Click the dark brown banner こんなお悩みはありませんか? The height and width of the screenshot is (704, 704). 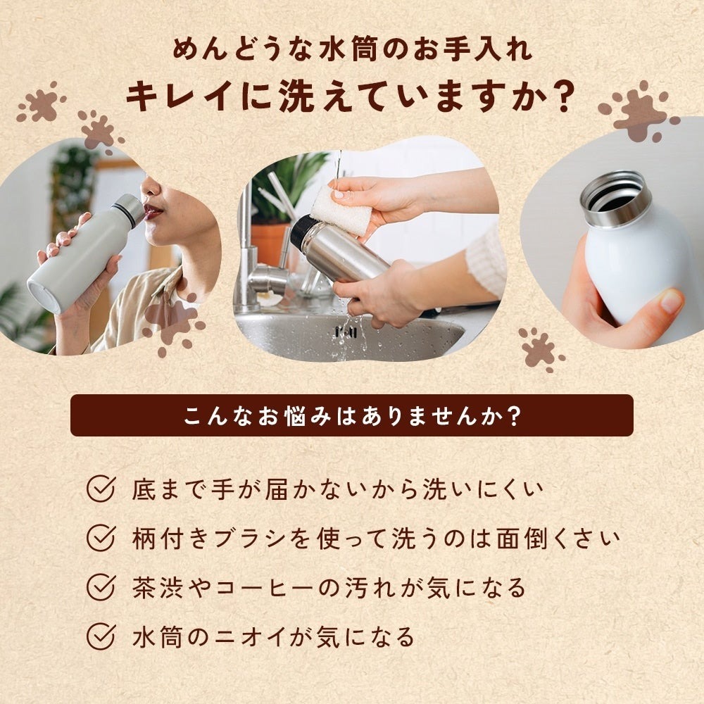coord(352,415)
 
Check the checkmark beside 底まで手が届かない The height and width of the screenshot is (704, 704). coord(101,489)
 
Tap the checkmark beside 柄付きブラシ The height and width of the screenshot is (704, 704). coord(101,538)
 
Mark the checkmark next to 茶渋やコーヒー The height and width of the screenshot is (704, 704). coord(101,587)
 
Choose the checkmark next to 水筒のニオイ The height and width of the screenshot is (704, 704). coord(101,636)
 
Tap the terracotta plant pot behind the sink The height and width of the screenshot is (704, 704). coord(272,243)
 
